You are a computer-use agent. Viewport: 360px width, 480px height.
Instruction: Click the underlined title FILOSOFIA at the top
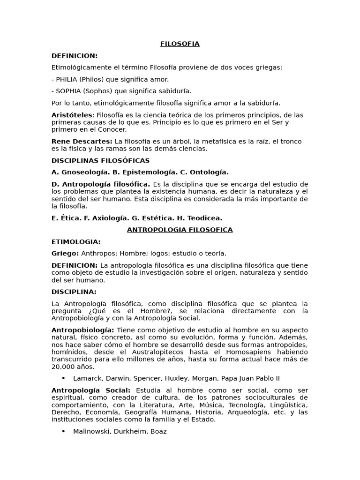[x=180, y=44]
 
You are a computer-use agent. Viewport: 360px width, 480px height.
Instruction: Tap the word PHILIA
[x=67, y=79]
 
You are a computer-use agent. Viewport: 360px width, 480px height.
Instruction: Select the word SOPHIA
[x=68, y=91]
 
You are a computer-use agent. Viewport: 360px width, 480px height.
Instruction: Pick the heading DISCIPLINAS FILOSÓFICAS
[x=100, y=160]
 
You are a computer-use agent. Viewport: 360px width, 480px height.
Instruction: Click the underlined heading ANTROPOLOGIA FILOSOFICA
[x=180, y=230]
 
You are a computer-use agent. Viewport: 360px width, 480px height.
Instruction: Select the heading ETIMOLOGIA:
[x=76, y=242]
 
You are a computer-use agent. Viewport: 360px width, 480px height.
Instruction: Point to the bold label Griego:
[x=65, y=254]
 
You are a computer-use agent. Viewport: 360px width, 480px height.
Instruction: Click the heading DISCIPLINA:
[x=74, y=292]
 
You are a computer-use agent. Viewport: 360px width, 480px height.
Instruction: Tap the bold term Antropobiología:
[x=82, y=330]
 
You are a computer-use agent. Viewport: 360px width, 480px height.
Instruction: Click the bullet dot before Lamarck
[x=63, y=378]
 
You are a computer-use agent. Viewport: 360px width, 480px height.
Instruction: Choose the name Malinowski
[x=90, y=431]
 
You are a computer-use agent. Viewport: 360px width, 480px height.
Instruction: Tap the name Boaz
[x=157, y=431]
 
